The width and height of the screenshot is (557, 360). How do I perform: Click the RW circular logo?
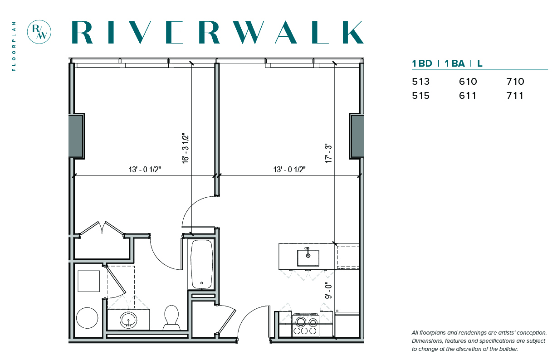click(x=39, y=32)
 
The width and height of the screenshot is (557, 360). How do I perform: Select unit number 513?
click(x=421, y=82)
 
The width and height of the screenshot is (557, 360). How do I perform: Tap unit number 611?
click(x=468, y=96)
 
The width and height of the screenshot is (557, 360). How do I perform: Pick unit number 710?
click(x=515, y=82)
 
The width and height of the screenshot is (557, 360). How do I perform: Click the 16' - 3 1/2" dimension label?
click(x=186, y=148)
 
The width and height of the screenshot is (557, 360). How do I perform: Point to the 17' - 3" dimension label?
click(x=328, y=153)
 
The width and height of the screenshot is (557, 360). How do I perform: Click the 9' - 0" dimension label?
click(x=328, y=290)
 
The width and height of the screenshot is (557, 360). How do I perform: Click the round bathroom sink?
click(x=128, y=320)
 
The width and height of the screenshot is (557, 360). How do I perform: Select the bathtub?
click(x=202, y=264)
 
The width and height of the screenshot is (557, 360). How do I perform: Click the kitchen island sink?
click(x=308, y=258)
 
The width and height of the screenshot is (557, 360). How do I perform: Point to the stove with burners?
click(x=306, y=325)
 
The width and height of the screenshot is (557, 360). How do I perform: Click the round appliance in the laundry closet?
click(x=87, y=318)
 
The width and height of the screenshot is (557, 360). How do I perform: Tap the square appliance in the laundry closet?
click(x=89, y=281)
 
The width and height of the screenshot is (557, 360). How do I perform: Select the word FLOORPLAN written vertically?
click(x=14, y=46)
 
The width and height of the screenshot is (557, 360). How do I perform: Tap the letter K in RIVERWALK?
click(x=353, y=32)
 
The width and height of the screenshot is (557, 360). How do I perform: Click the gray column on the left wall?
click(x=76, y=136)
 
